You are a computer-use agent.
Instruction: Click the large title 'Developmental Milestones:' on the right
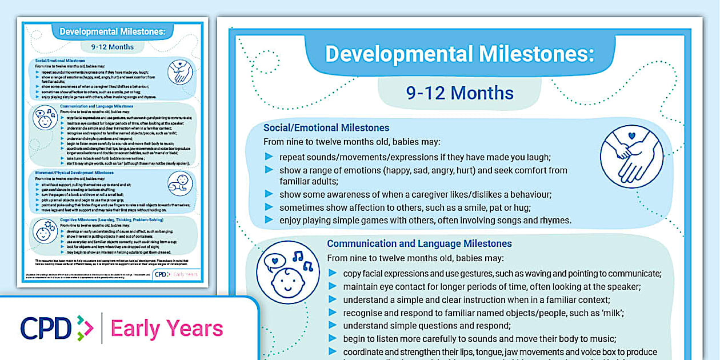click(459, 54)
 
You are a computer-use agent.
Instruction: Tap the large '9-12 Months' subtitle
click(459, 93)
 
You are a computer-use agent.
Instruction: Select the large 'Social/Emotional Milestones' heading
click(326, 127)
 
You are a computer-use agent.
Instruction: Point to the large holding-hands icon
click(631, 157)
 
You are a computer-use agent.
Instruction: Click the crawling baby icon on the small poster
click(181, 184)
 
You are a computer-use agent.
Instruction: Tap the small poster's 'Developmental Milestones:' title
click(113, 31)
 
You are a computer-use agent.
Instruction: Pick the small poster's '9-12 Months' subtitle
click(113, 47)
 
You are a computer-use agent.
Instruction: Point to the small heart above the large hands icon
click(631, 136)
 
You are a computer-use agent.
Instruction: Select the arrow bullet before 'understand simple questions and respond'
click(333, 326)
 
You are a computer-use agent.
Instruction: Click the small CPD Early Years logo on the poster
click(177, 274)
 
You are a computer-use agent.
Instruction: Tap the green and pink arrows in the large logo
click(85, 329)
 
